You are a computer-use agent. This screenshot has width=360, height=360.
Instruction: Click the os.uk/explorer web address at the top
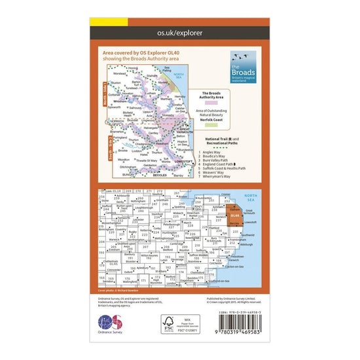179,31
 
